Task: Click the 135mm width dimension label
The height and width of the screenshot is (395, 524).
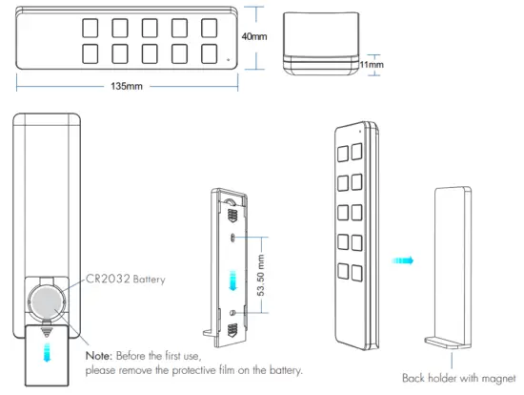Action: coord(127,87)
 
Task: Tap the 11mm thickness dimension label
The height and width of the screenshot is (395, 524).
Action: coord(373,64)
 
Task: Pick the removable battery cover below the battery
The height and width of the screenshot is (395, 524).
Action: coord(44,354)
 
